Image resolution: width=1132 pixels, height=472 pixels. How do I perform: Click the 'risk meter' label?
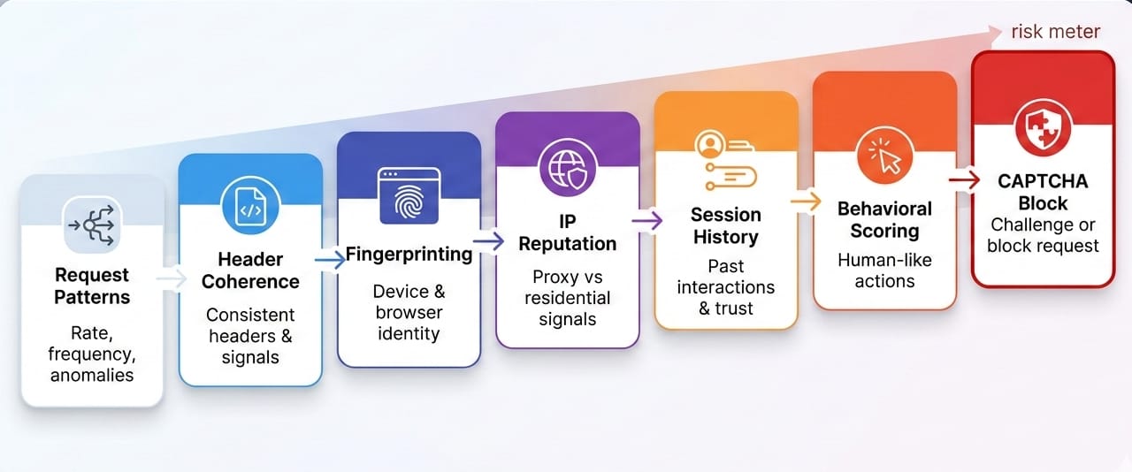click(1055, 32)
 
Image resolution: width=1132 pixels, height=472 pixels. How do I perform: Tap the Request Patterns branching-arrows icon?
click(91, 225)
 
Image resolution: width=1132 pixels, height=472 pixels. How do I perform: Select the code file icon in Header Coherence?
click(250, 206)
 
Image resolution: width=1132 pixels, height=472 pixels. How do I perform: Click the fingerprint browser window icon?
click(409, 195)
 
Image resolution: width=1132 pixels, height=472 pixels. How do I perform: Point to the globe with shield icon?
click(568, 168)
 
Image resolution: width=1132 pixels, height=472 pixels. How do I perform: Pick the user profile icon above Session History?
click(709, 145)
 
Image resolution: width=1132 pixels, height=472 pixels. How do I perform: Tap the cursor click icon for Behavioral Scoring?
click(884, 156)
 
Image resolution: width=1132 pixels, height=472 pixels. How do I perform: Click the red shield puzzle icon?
click(1043, 128)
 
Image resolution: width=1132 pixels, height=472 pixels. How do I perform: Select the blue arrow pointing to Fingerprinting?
click(331, 260)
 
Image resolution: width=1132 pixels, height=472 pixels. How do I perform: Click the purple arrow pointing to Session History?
click(647, 221)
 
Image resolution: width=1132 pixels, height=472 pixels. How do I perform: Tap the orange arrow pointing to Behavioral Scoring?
click(806, 202)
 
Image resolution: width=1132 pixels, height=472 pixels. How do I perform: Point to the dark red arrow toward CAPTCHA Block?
click(964, 180)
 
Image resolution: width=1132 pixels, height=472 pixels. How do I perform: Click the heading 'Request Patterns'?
click(92, 286)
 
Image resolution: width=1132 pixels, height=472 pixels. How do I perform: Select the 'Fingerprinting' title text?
click(409, 255)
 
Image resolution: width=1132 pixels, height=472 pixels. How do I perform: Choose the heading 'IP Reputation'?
click(568, 232)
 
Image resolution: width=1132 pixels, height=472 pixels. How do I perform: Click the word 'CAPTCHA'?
click(1043, 181)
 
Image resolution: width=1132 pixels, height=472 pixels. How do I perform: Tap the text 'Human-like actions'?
click(884, 270)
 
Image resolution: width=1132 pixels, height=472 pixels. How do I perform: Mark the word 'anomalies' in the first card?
click(92, 375)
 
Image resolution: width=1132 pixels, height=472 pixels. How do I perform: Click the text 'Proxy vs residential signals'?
click(568, 298)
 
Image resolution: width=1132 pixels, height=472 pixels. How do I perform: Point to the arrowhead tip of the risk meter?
click(1002, 33)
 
